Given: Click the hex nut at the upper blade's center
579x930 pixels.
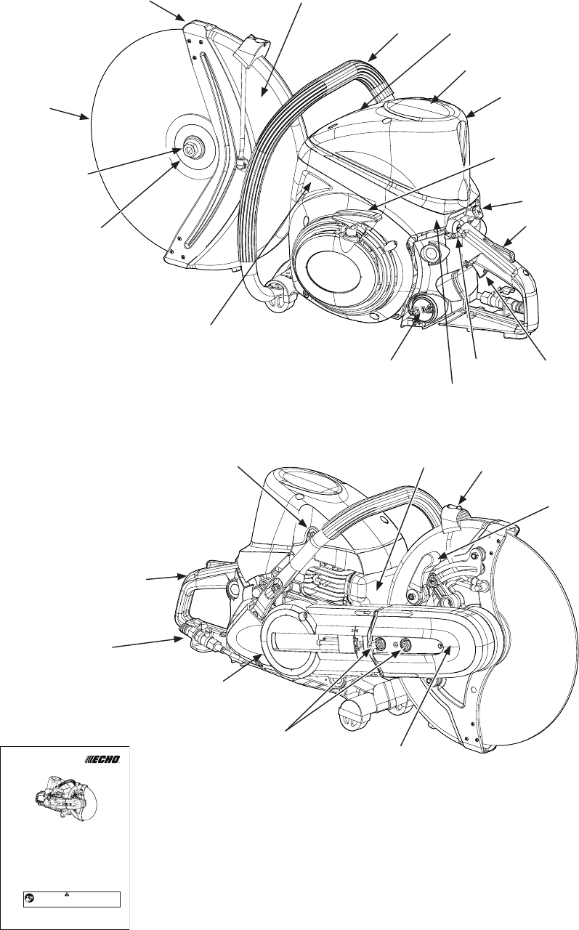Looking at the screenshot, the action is click(x=193, y=150).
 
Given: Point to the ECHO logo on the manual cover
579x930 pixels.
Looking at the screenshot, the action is click(x=102, y=759).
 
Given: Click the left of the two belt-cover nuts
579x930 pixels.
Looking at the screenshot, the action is click(x=378, y=643).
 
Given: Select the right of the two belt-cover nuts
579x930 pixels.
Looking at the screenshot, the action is click(x=406, y=643).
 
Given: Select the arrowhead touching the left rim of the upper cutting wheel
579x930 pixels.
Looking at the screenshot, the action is click(x=86, y=117).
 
